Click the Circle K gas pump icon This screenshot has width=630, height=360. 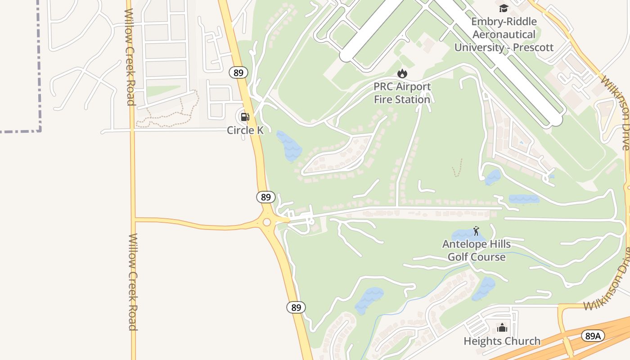(245, 117)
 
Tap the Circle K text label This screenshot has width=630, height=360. (245, 130)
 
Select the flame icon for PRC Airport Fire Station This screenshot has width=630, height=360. (402, 73)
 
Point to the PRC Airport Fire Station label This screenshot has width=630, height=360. (402, 93)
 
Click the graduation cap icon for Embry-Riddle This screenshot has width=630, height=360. (504, 8)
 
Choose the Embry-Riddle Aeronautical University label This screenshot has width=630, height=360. (504, 34)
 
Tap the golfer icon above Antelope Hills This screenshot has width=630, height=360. (477, 231)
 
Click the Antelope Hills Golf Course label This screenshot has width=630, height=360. (477, 251)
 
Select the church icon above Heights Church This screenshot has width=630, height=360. (502, 327)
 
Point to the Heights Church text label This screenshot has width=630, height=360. (502, 341)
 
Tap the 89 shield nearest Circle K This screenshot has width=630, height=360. (238, 72)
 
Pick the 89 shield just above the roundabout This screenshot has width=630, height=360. (266, 197)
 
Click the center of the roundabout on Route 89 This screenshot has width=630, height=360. (267, 222)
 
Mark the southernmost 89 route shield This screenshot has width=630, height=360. (296, 307)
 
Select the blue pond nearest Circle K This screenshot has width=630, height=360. (288, 145)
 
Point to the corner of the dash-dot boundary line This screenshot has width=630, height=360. (40, 130)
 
